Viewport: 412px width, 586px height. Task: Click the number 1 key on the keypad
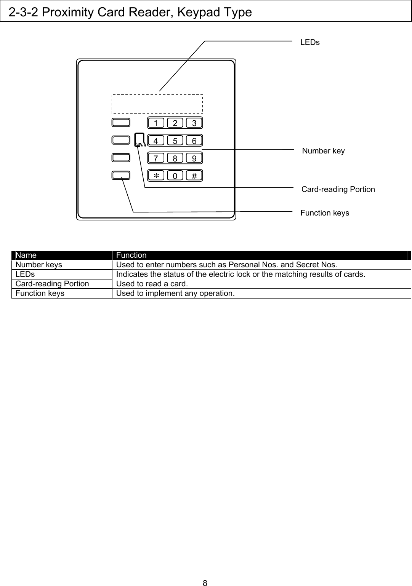point(156,123)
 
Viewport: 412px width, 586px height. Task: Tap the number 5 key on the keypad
point(175,141)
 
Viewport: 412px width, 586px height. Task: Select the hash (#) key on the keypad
point(194,176)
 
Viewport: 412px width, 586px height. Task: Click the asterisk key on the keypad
point(156,176)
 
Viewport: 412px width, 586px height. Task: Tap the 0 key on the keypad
point(175,176)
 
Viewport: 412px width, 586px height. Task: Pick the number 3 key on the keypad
point(194,123)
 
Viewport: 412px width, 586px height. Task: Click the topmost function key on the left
point(121,123)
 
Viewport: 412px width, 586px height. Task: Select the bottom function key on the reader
point(121,175)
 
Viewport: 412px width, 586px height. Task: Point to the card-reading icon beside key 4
point(139,140)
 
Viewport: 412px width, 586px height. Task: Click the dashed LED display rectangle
point(157,104)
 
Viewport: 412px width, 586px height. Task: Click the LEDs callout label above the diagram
point(310,42)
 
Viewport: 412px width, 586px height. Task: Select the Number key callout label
point(323,151)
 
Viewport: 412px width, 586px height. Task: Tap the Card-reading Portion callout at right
point(338,189)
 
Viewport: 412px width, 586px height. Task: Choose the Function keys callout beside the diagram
point(325,213)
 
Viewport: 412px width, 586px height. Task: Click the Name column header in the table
point(26,255)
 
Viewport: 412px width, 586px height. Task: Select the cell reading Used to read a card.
point(152,284)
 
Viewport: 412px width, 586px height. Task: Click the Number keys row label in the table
point(38,265)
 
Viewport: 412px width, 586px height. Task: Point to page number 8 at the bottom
point(205,583)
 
